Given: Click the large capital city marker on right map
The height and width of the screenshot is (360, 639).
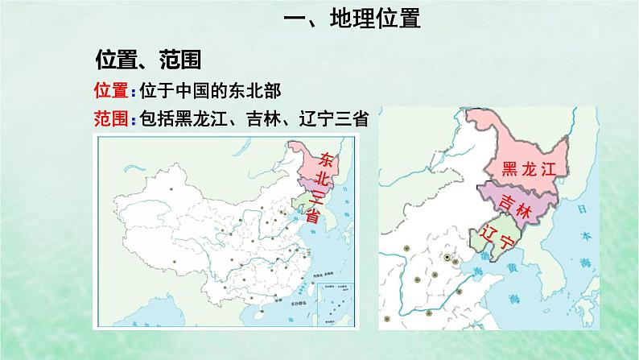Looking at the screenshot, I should tap(447, 258).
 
